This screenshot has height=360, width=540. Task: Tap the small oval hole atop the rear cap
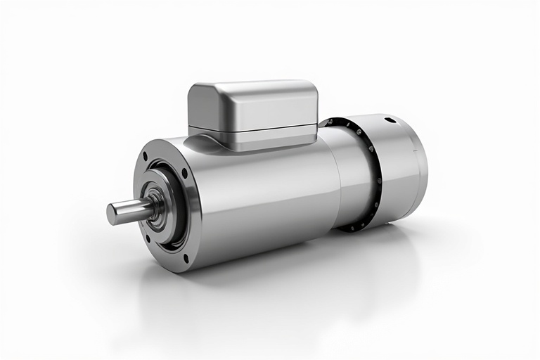(390, 120)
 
